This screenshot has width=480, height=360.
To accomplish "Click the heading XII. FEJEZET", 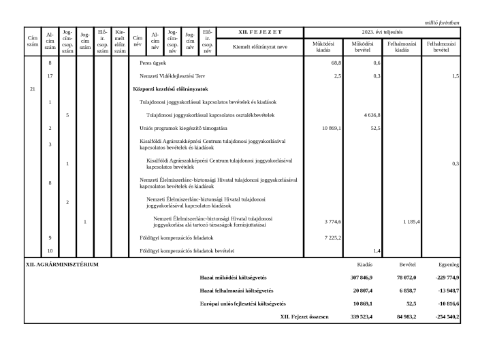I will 261,32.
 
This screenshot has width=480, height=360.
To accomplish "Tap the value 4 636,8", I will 370,115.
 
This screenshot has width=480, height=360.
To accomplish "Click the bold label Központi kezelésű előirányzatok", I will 170,89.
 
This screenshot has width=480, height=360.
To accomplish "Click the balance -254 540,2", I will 445,316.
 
